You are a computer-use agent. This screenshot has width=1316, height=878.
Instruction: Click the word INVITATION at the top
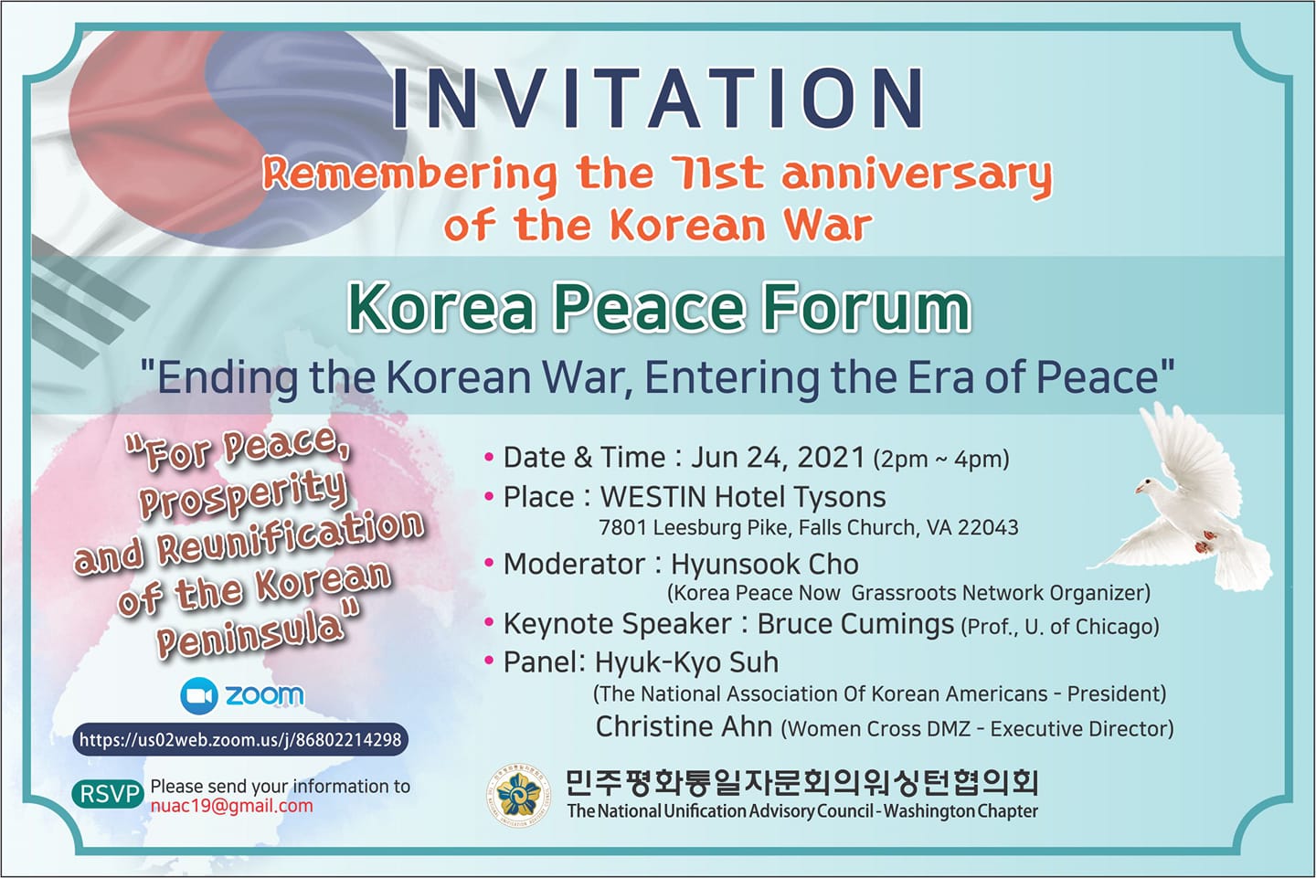[657, 98]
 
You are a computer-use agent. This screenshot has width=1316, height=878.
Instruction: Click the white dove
[1181, 499]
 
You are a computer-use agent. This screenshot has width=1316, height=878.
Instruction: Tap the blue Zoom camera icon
[199, 696]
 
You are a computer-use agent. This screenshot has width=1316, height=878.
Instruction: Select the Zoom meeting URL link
[240, 739]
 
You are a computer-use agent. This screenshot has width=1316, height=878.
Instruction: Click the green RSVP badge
[108, 794]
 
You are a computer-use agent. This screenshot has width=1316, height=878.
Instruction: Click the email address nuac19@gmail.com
[231, 806]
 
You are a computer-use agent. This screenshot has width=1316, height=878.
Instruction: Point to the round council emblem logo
[518, 795]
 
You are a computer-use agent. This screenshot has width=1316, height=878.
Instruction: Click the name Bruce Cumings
[855, 624]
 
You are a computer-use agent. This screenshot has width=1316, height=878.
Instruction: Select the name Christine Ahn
[684, 726]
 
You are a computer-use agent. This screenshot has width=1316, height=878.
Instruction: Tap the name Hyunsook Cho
[764, 564]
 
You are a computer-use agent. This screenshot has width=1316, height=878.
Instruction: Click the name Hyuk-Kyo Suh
[687, 662]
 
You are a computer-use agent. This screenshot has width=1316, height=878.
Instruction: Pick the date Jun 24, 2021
[778, 458]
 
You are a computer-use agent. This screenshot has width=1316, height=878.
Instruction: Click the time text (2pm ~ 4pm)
[941, 460]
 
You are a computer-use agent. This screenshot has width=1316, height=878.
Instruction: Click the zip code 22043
[988, 527]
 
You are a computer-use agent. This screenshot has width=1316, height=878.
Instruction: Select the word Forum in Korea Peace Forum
[866, 307]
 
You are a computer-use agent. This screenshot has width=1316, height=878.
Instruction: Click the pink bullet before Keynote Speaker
[489, 623]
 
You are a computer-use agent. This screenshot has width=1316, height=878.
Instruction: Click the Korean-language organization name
[802, 783]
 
